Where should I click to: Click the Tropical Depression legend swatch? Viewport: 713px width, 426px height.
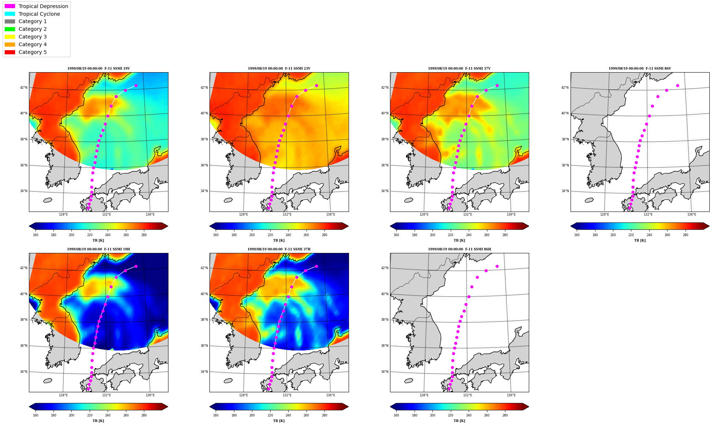(10, 6)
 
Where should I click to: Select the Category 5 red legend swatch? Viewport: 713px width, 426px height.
(10, 52)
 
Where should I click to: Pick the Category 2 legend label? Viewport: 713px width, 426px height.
(33, 29)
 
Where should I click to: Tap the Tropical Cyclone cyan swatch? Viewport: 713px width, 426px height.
(10, 14)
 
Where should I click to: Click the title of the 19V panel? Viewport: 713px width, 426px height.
(99, 69)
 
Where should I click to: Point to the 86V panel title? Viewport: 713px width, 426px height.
(640, 69)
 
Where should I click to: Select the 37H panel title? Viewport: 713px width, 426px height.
(279, 249)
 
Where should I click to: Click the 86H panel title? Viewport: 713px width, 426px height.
(460, 249)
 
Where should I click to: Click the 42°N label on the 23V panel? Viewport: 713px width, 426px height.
(204, 88)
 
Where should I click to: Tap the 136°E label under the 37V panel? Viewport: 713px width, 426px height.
(511, 214)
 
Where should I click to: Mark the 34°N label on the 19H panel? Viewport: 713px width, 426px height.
(23, 372)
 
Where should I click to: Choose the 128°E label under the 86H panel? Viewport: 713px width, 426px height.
(424, 395)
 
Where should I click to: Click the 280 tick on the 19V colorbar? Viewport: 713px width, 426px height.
(144, 235)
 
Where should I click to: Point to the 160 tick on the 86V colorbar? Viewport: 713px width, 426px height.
(577, 235)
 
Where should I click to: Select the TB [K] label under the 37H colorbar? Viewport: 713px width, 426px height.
(279, 421)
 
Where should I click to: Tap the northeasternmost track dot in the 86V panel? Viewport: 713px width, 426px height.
(677, 86)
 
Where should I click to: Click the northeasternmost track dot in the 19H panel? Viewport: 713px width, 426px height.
(136, 267)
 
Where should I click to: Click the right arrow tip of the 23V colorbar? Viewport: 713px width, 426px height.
(348, 226)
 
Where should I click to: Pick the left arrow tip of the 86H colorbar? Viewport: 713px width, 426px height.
(390, 407)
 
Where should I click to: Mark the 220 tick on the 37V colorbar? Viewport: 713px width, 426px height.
(450, 235)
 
